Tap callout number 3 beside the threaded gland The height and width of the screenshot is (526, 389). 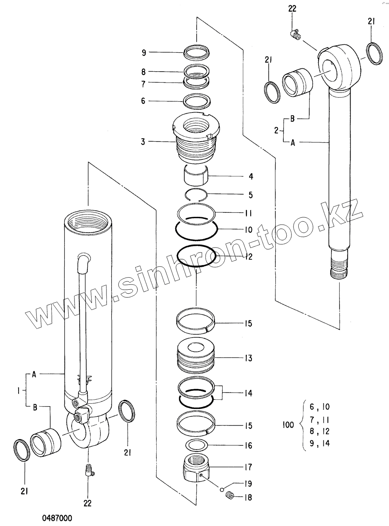[143, 141]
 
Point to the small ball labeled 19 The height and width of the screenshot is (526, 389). [222, 490]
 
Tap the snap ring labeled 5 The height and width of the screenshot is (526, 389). [196, 195]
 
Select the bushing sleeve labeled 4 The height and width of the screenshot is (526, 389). [196, 175]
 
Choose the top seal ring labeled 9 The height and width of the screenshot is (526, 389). [197, 52]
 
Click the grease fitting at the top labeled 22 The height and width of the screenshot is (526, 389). [295, 35]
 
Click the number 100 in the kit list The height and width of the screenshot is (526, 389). [287, 425]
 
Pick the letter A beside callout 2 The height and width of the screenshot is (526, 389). [293, 142]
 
